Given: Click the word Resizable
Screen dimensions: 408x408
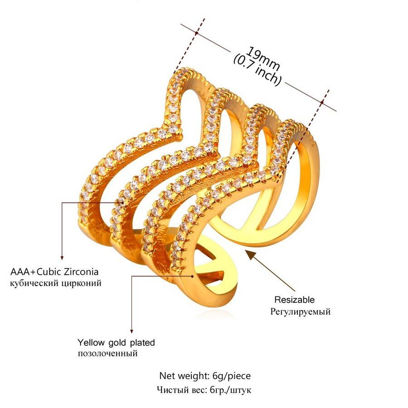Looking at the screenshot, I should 294,300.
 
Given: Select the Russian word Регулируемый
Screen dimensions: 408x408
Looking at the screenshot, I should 301,311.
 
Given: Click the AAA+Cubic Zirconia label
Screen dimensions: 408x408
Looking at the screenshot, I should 54,272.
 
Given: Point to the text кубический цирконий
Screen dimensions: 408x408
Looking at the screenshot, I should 56,283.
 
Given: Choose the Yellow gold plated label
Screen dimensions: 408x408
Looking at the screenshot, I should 116,342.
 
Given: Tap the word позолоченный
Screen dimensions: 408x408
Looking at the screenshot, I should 107,353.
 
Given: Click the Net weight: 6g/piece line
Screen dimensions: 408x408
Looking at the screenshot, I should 204,376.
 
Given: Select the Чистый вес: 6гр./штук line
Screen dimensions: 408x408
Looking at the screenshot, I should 204,389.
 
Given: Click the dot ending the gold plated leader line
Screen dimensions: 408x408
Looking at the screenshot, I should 194,275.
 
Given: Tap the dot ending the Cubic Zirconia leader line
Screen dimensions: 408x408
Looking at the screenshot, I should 121,202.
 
